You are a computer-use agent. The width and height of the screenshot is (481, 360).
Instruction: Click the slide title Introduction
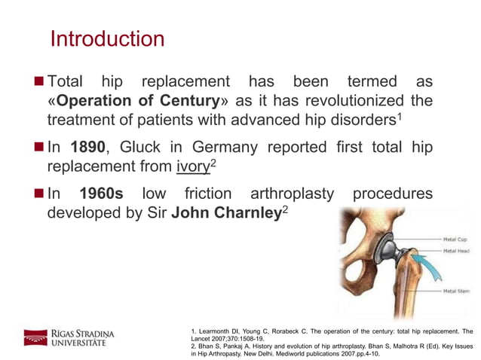tap(106, 38)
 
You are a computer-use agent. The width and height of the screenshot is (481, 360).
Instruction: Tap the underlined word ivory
tap(191, 167)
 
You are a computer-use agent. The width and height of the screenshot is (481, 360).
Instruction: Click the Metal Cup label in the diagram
tap(458, 239)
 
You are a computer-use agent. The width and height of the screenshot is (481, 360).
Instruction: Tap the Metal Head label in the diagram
tap(458, 251)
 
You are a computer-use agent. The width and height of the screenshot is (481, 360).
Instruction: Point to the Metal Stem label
tap(458, 291)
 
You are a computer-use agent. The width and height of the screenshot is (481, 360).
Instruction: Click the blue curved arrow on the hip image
tap(409, 264)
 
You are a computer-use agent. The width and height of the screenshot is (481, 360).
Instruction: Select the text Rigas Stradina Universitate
tap(83, 337)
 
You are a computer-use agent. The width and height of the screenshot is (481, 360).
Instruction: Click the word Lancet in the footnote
tap(203, 340)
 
